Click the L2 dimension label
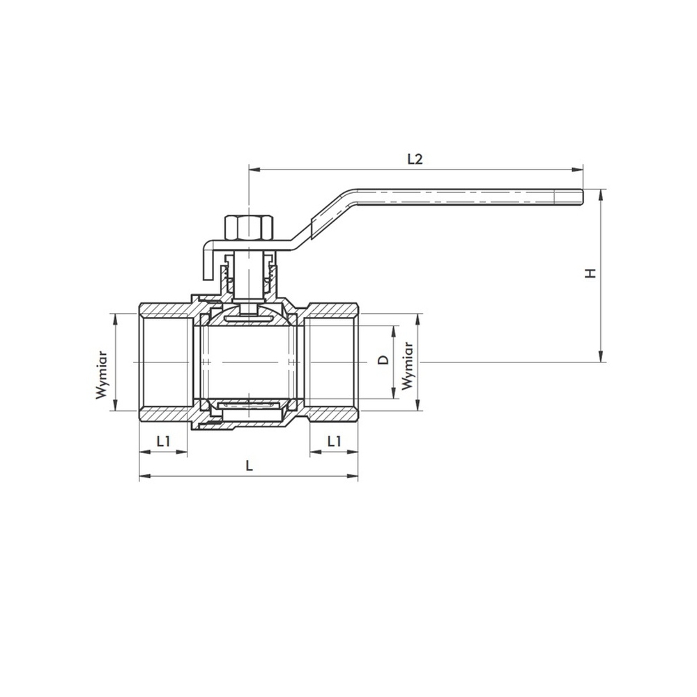pos(415,158)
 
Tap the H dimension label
pos(590,273)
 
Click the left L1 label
pos(164,441)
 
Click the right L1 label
pos(335,441)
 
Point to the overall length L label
pos(249,466)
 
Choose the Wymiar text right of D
pos(408,367)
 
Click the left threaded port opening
pos(164,362)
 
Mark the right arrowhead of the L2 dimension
pos(578,169)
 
